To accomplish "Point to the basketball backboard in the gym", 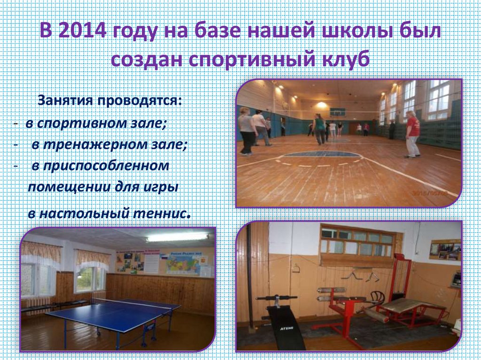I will [337, 112].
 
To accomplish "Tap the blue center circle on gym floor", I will [322, 154].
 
